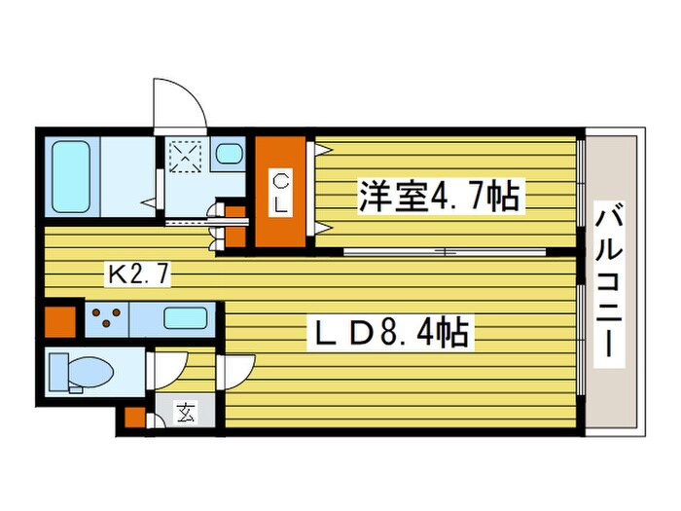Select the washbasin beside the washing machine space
click(x=230, y=153)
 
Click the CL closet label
click(x=280, y=192)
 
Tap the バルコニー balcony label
click(x=612, y=282)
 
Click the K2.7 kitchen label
click(x=138, y=276)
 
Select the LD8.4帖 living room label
click(x=389, y=334)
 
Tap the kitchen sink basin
click(x=183, y=318)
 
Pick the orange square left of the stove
click(x=60, y=321)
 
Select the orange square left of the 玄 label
click(x=133, y=419)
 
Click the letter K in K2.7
click(x=116, y=276)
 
